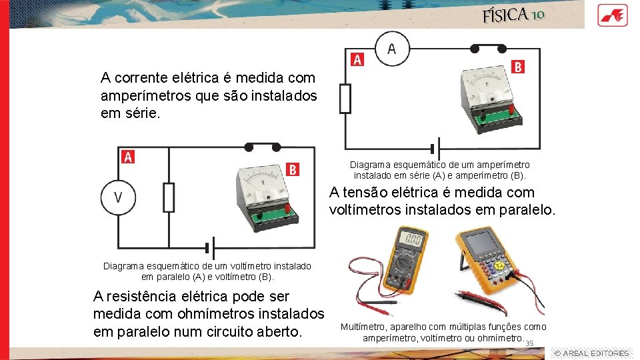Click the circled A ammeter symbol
[x=391, y=49]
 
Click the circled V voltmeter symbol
[x=118, y=197]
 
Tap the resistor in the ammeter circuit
[x=345, y=99]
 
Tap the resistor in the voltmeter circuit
[x=169, y=197]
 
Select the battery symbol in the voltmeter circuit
[x=213, y=246]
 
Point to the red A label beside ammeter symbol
[x=357, y=60]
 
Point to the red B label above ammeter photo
[x=519, y=66]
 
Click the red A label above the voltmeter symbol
[x=128, y=157]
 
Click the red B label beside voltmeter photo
[x=292, y=169]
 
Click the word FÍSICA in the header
[x=506, y=15]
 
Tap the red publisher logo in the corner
[x=611, y=14]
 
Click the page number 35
[x=530, y=343]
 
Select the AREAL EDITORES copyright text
[x=591, y=353]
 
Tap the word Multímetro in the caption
[x=363, y=327]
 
